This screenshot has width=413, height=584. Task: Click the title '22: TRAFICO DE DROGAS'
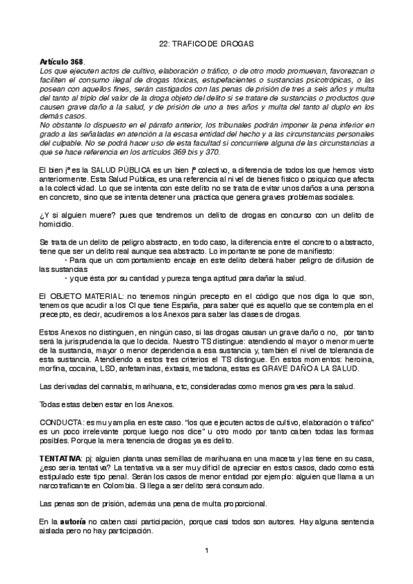coord(206,44)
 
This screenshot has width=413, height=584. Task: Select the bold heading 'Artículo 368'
coord(62,61)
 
